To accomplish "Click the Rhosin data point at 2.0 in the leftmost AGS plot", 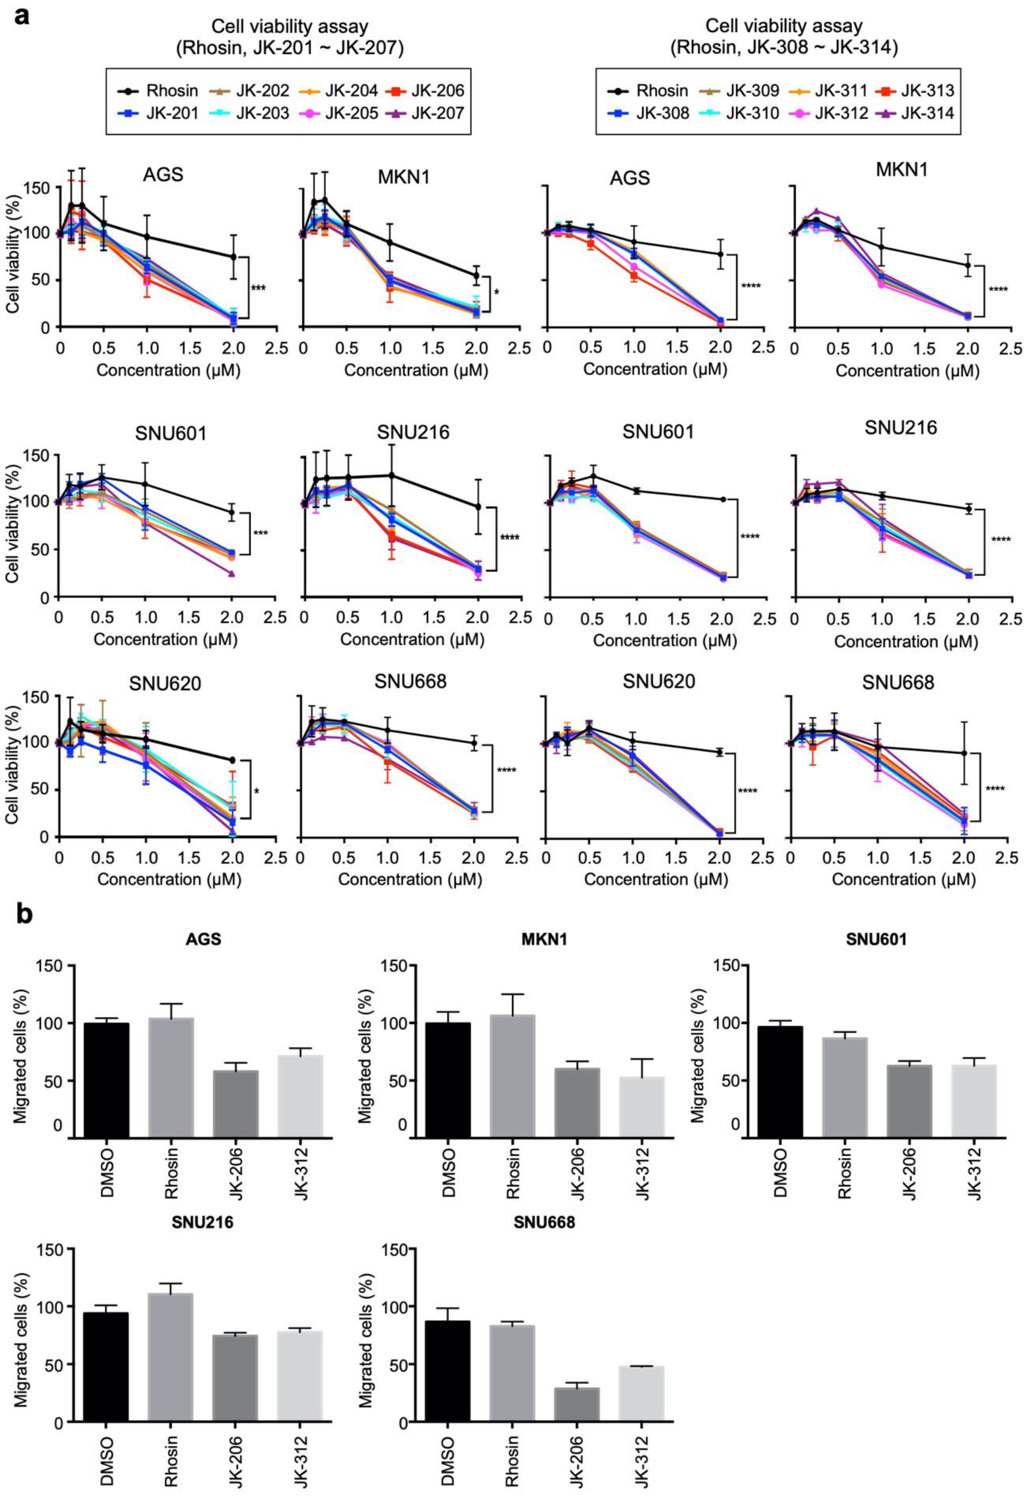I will pos(233,256).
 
